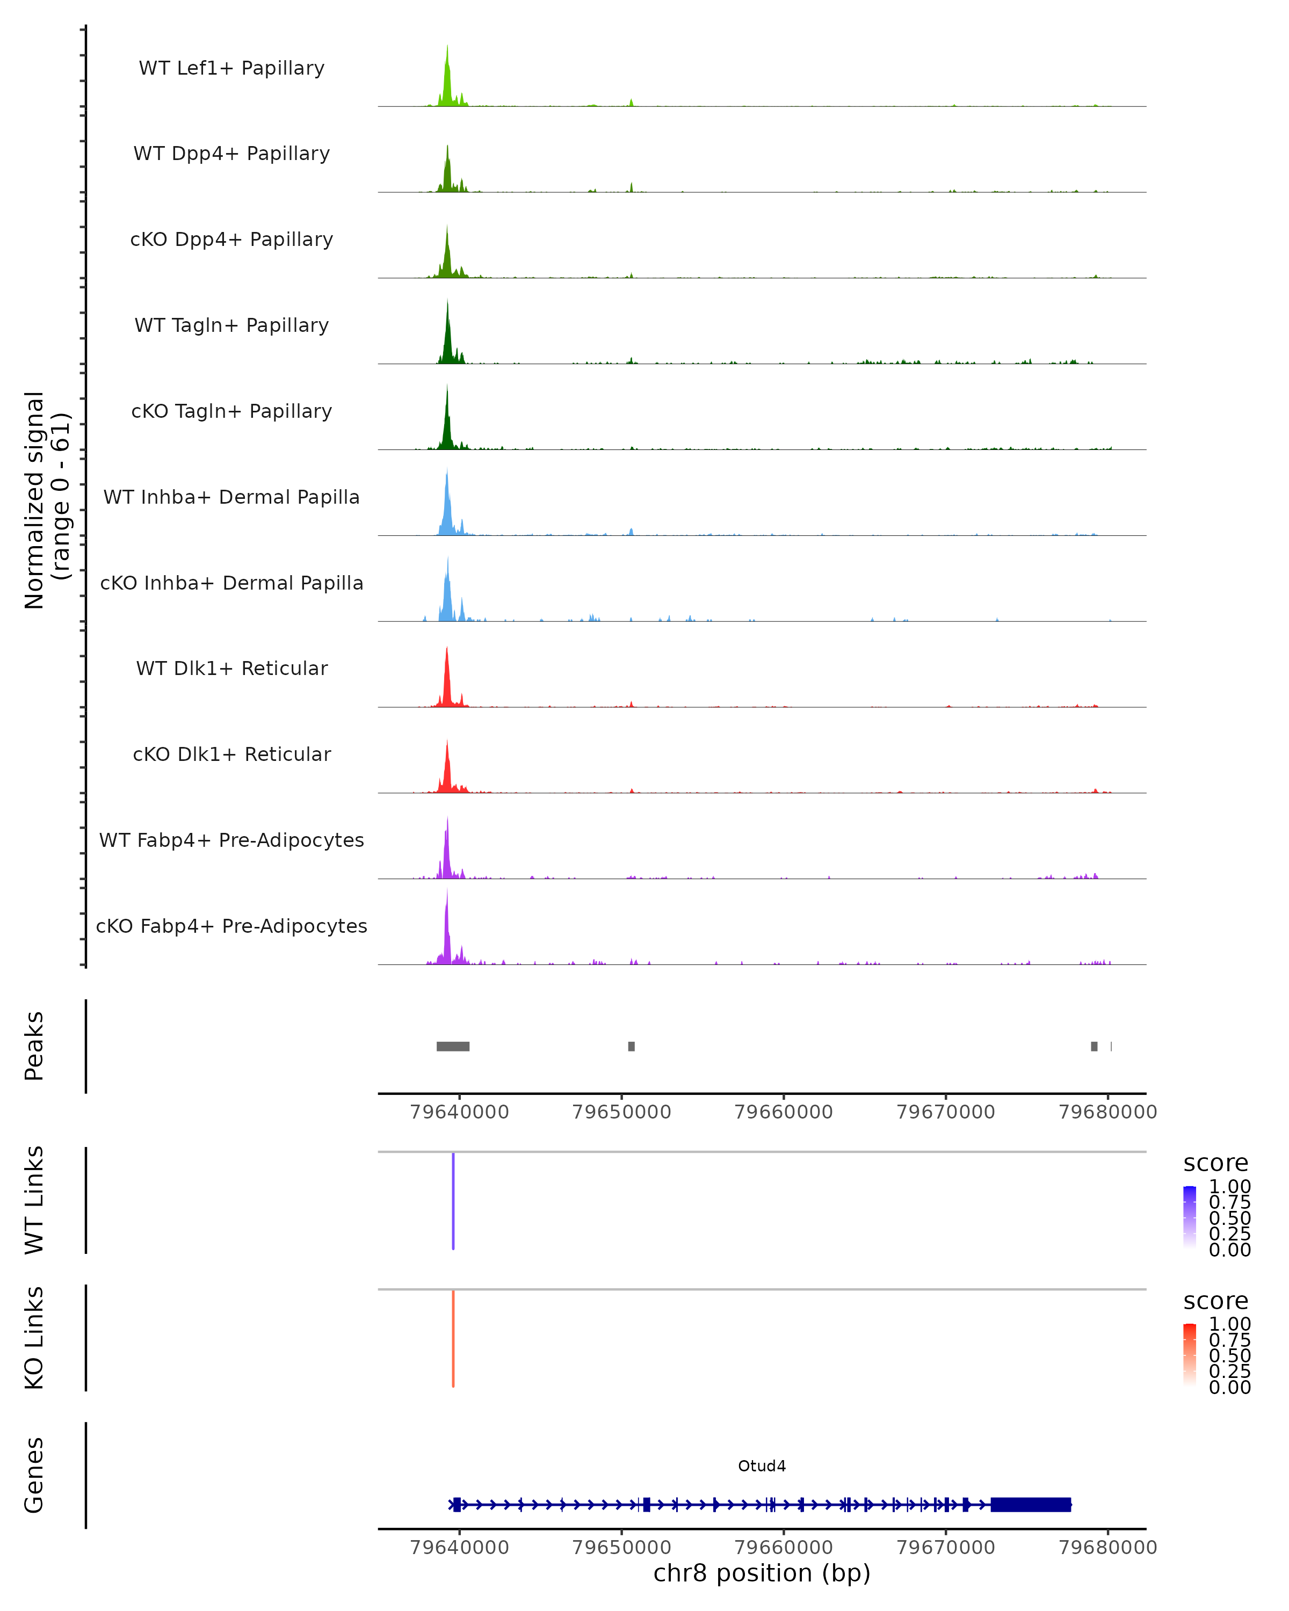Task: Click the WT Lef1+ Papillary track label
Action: (231, 68)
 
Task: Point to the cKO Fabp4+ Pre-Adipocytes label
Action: (231, 926)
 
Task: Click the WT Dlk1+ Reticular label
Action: (231, 668)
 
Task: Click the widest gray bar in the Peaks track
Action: (453, 1046)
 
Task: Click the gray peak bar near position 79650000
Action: (632, 1046)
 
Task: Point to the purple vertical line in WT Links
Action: (453, 1201)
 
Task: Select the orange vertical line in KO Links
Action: (453, 1338)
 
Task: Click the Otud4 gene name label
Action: (762, 1466)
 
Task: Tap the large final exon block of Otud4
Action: (1031, 1504)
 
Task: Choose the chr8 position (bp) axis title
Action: (762, 1573)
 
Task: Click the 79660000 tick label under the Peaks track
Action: (783, 1112)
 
